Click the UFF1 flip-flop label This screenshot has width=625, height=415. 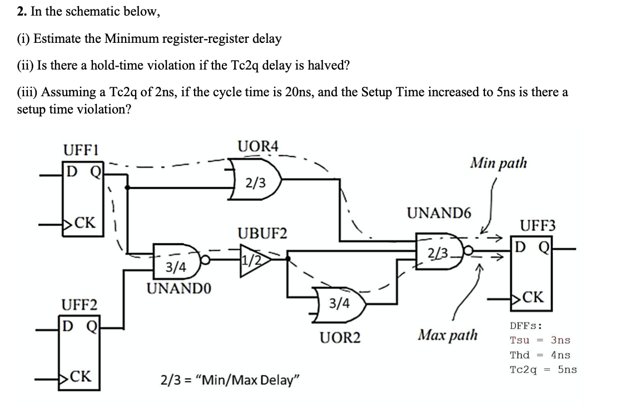coord(81,150)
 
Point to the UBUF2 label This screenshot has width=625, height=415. coord(262,233)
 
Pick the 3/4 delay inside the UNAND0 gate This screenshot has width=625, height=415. coord(176,268)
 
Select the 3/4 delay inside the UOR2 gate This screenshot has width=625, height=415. coord(339,303)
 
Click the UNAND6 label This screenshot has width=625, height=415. coord(439,213)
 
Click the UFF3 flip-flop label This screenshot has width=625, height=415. coord(538,225)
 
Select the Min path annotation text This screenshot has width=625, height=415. coord(498,163)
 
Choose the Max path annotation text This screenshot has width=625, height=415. coord(448,335)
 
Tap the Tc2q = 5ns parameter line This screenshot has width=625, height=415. coord(543,369)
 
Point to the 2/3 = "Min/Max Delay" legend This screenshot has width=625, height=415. coord(230,381)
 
